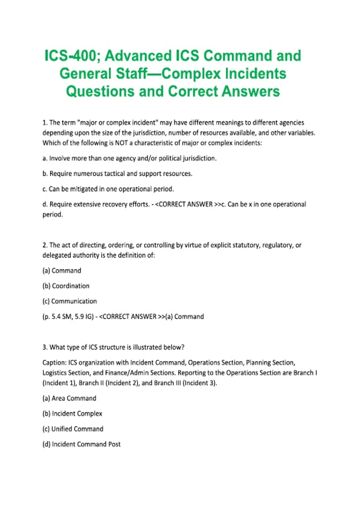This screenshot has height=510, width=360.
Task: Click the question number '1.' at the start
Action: click(x=45, y=123)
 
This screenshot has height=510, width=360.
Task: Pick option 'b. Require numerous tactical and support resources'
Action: click(x=117, y=174)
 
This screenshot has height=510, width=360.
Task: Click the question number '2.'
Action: click(x=45, y=245)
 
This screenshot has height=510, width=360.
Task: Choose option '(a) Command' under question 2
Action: click(x=62, y=271)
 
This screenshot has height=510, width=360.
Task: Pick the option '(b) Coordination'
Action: click(x=66, y=286)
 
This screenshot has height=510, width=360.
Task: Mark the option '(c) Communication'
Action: click(x=70, y=301)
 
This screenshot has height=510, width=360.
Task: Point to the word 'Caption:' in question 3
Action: click(x=54, y=363)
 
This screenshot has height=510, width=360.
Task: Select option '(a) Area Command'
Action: click(x=69, y=398)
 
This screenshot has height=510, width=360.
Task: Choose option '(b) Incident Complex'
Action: click(x=72, y=414)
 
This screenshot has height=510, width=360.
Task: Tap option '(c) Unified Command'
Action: click(x=73, y=429)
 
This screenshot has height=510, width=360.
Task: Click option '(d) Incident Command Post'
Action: click(x=81, y=444)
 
